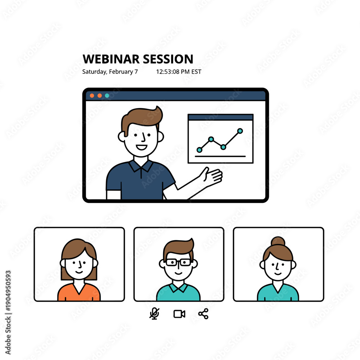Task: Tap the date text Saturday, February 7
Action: pyautogui.click(x=110, y=72)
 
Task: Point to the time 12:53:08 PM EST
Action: pyautogui.click(x=179, y=72)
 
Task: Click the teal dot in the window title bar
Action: pyautogui.click(x=107, y=95)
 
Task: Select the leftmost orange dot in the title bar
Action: pyautogui.click(x=92, y=95)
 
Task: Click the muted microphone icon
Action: pyautogui.click(x=154, y=314)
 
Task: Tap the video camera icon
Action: pyautogui.click(x=179, y=314)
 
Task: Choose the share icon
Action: pyautogui.click(x=203, y=314)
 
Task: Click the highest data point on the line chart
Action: pyautogui.click(x=240, y=131)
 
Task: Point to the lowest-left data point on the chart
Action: pyautogui.click(x=199, y=150)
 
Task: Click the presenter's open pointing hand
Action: pyautogui.click(x=212, y=176)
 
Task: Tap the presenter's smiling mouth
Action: pyautogui.click(x=141, y=147)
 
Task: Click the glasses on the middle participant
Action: pyautogui.click(x=178, y=262)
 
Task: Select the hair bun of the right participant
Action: pyautogui.click(x=278, y=241)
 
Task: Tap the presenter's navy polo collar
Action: pyautogui.click(x=141, y=166)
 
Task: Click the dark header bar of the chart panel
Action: pyautogui.click(x=220, y=117)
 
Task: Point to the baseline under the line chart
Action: pyautogui.click(x=220, y=156)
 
